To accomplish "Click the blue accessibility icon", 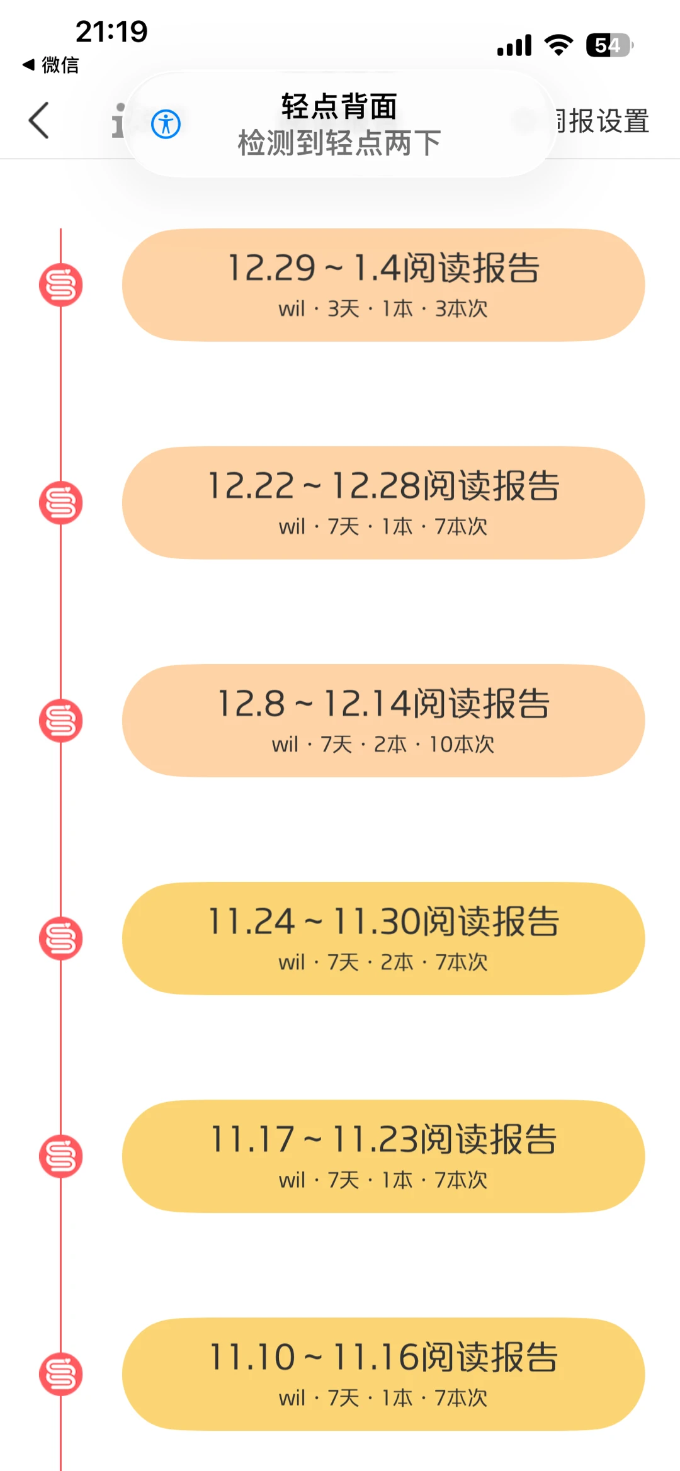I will point(166,124).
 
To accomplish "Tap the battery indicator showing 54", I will point(609,45).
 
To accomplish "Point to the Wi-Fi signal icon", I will point(558,45).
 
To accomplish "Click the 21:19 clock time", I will point(111,31).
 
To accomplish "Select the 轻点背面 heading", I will point(339,106).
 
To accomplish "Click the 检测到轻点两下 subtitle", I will point(339,143).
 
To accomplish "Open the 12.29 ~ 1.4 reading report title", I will point(383,268).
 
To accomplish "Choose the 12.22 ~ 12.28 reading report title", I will point(383,486).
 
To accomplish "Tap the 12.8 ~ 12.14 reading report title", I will point(383,704).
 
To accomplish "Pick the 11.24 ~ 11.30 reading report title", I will point(383,921).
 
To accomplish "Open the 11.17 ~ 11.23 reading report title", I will point(383,1139).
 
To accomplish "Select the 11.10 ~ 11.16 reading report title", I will point(383,1357).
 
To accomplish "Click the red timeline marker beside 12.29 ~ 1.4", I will point(61,285).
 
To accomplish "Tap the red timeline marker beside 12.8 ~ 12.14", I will point(61,721).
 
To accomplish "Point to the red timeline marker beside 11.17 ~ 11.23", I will point(61,1156).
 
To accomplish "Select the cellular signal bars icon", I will point(514,45).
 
